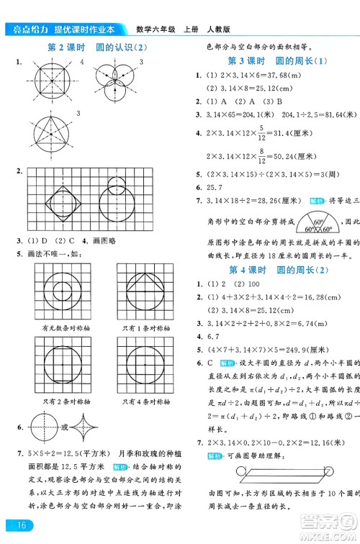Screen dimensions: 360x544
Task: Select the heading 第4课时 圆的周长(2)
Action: (x=267, y=270)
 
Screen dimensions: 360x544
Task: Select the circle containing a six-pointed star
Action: (x=51, y=137)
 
